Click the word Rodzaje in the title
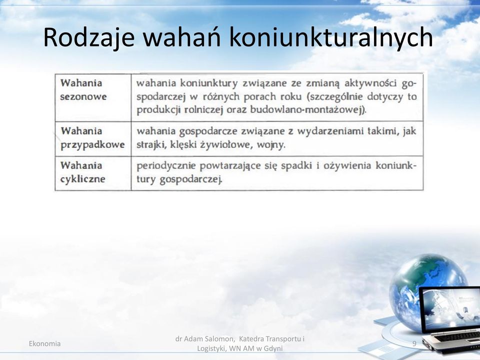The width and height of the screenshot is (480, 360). click(89, 37)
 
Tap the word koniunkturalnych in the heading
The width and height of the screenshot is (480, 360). click(331, 37)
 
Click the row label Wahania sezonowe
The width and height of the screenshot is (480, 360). click(83, 89)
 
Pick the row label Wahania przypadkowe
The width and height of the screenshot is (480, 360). click(92, 138)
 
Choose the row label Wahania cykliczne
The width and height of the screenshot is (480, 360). click(82, 172)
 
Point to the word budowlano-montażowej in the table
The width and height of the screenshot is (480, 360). click(307, 110)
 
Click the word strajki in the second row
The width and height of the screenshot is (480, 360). click(149, 145)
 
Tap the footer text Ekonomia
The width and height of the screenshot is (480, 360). click(44, 344)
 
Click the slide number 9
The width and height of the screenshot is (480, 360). click(414, 343)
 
